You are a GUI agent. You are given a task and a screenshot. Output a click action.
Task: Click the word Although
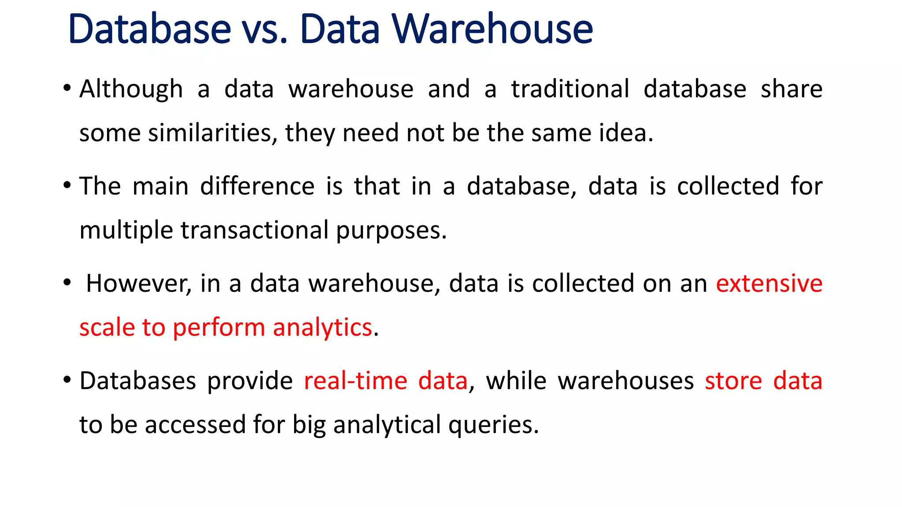131,89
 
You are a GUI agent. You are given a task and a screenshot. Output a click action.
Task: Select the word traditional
570,89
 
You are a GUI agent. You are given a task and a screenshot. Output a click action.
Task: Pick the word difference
257,186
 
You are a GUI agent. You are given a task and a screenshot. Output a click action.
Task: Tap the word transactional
255,230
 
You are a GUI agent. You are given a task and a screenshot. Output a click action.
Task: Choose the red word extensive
769,283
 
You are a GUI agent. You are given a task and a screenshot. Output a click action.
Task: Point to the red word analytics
322,328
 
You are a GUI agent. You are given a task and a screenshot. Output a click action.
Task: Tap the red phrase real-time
355,381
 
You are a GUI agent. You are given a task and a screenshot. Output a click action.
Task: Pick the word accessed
195,425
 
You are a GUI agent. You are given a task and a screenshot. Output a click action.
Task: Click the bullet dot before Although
67,88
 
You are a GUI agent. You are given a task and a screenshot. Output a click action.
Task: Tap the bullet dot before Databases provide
67,380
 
